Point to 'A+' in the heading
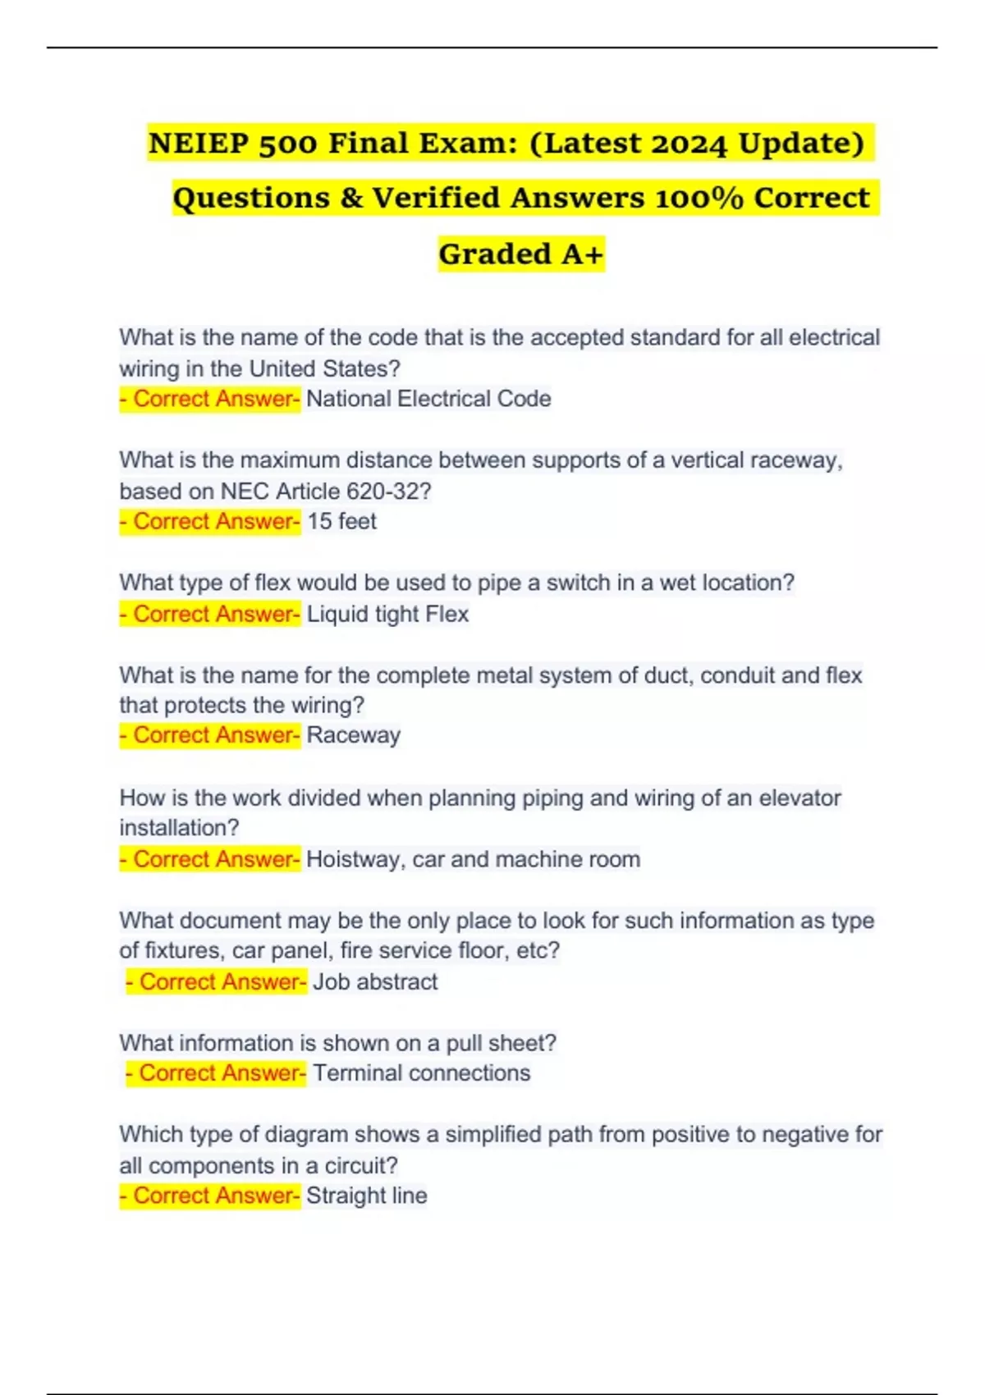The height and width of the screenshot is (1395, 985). click(582, 254)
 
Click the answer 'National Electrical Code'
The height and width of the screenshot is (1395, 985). click(428, 399)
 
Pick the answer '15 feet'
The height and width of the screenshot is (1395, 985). click(341, 521)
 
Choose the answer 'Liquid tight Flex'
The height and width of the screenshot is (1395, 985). click(387, 614)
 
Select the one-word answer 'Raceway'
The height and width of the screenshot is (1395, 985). click(353, 735)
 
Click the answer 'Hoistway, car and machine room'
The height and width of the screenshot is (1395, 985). click(473, 859)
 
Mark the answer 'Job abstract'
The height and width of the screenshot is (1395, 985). click(375, 981)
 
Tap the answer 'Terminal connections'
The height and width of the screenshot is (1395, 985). click(421, 1073)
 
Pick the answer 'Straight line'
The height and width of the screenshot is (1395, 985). click(367, 1196)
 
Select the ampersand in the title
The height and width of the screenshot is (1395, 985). click(350, 199)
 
